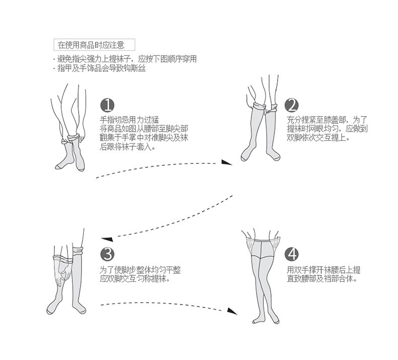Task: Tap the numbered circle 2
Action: [291, 105]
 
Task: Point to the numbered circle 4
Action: [291, 254]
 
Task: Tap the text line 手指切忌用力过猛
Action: [129, 119]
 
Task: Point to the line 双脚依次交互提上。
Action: [318, 138]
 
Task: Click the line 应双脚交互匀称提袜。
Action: [134, 278]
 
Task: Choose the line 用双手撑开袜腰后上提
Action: [324, 269]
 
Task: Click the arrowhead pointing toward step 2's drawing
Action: [227, 162]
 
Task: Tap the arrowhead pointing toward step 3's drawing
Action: [105, 238]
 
